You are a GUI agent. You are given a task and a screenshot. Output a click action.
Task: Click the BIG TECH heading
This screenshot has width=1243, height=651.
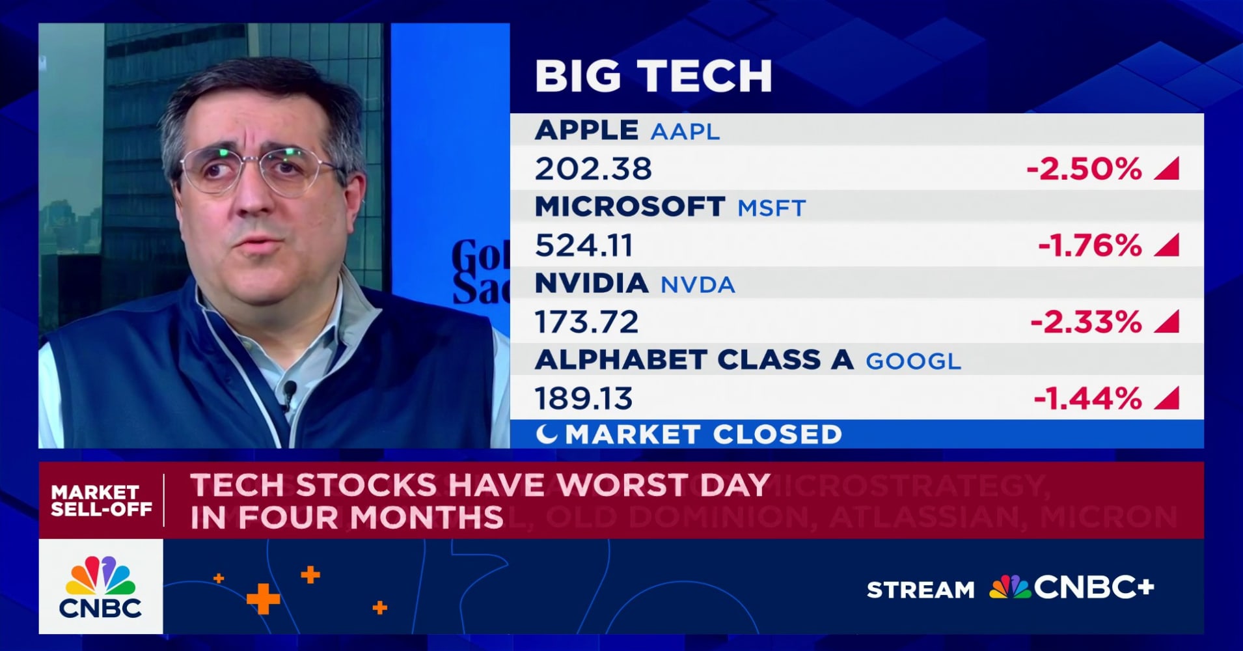coord(653,76)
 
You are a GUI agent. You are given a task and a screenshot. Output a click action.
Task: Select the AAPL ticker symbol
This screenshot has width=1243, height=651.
coord(685,132)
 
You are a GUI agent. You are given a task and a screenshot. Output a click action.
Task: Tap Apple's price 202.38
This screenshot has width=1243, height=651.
coord(593,169)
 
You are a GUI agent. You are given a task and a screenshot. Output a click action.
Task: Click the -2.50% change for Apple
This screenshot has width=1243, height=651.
coord(1084,169)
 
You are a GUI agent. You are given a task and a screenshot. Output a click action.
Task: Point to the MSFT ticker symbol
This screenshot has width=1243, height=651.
coord(771,208)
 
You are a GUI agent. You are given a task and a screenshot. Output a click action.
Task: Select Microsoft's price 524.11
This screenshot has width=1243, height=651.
coord(584,246)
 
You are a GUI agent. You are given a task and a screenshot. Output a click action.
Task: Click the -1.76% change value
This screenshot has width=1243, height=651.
coord(1089,246)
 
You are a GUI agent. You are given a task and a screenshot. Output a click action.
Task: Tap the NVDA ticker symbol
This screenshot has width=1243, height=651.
coord(698,284)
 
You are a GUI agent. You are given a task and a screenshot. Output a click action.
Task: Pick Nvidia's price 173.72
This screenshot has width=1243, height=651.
coord(586,322)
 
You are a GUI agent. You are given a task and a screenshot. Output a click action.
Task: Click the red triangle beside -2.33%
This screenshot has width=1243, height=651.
coord(1168,322)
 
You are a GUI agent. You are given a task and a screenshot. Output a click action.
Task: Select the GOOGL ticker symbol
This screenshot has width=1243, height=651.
coord(912,361)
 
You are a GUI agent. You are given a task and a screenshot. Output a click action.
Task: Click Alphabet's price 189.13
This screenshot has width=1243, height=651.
coord(583,398)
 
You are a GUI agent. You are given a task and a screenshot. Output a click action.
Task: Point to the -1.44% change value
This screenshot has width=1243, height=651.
coord(1087,398)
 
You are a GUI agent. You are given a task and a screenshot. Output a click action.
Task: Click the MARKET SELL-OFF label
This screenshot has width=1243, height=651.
coord(101,500)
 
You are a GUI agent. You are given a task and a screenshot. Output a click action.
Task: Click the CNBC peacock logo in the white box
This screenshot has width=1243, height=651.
coord(101,575)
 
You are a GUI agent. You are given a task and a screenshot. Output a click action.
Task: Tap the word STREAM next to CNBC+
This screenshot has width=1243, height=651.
coord(920,590)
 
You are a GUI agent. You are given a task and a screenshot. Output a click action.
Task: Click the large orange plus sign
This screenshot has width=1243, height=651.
coord(263,598)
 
